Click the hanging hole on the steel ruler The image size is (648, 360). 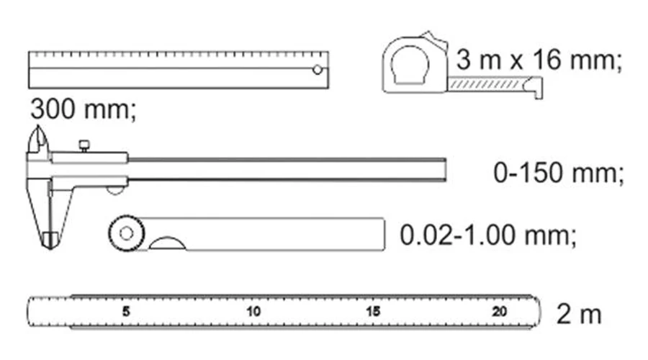click(x=318, y=70)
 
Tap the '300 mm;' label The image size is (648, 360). click(x=83, y=109)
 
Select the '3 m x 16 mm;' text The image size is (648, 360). click(x=539, y=60)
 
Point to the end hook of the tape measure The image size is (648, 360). click(x=536, y=88)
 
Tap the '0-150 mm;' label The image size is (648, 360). click(x=558, y=173)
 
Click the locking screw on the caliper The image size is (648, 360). click(x=84, y=146)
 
